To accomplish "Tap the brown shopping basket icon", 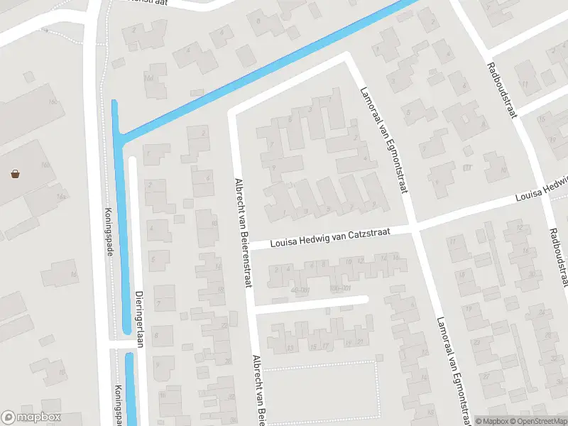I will [x=15, y=173].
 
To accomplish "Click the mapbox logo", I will [x=31, y=417].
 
